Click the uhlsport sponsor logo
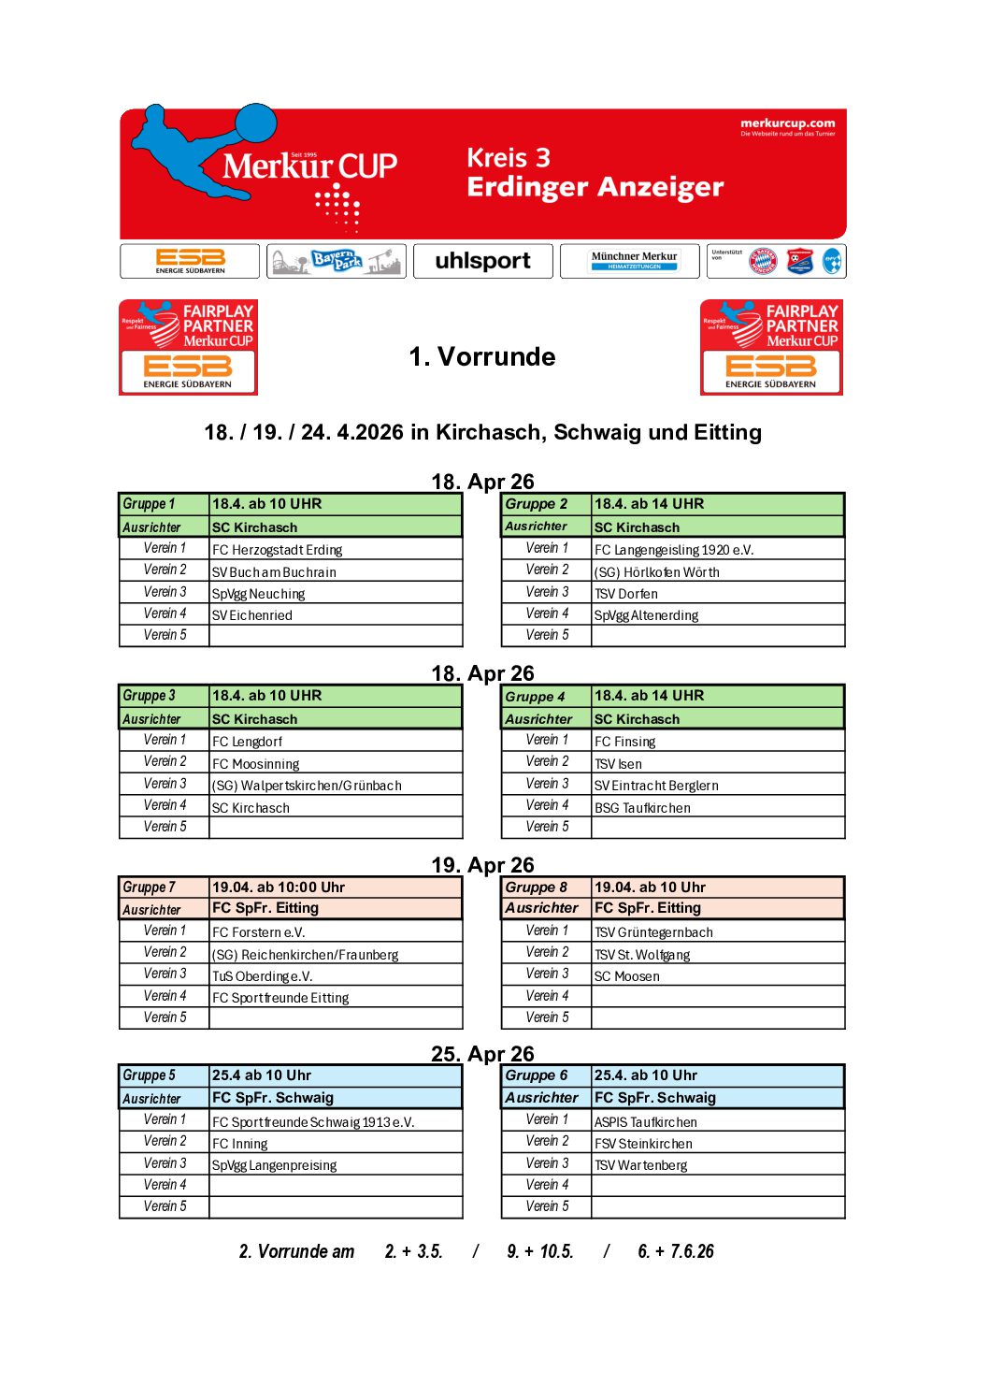click(482, 261)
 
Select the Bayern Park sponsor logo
click(336, 261)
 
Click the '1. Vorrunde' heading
click(482, 356)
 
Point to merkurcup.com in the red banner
click(787, 123)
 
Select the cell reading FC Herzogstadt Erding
click(278, 550)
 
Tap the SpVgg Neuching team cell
click(259, 594)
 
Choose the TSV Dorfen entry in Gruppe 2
click(626, 594)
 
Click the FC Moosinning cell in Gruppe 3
click(256, 764)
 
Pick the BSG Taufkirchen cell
click(642, 808)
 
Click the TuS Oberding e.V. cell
click(263, 976)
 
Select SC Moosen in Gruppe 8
click(627, 976)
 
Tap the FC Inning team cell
click(240, 1144)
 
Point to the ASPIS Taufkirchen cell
click(646, 1122)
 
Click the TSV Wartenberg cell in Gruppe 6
click(641, 1165)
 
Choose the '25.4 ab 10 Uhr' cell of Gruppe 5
click(262, 1075)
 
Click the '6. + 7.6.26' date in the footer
click(675, 1251)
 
